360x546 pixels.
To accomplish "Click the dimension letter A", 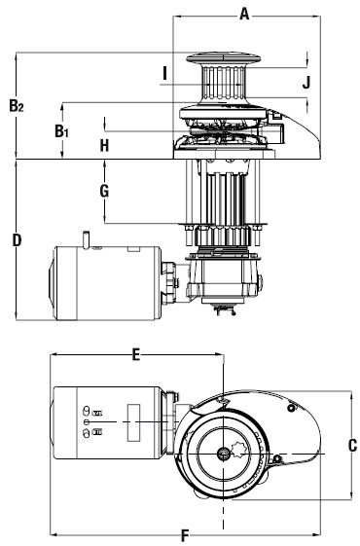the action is tap(245, 15).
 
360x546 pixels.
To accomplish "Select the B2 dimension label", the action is tap(17, 106).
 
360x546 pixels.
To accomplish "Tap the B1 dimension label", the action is tap(62, 131).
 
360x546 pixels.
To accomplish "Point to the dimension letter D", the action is tap(17, 240).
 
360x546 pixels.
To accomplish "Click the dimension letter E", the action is tap(136, 355).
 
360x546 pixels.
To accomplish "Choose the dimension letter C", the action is tap(352, 446).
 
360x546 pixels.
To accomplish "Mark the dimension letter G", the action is tap(104, 191).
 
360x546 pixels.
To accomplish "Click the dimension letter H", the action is tap(104, 145).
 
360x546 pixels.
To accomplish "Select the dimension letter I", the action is tap(165, 73).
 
